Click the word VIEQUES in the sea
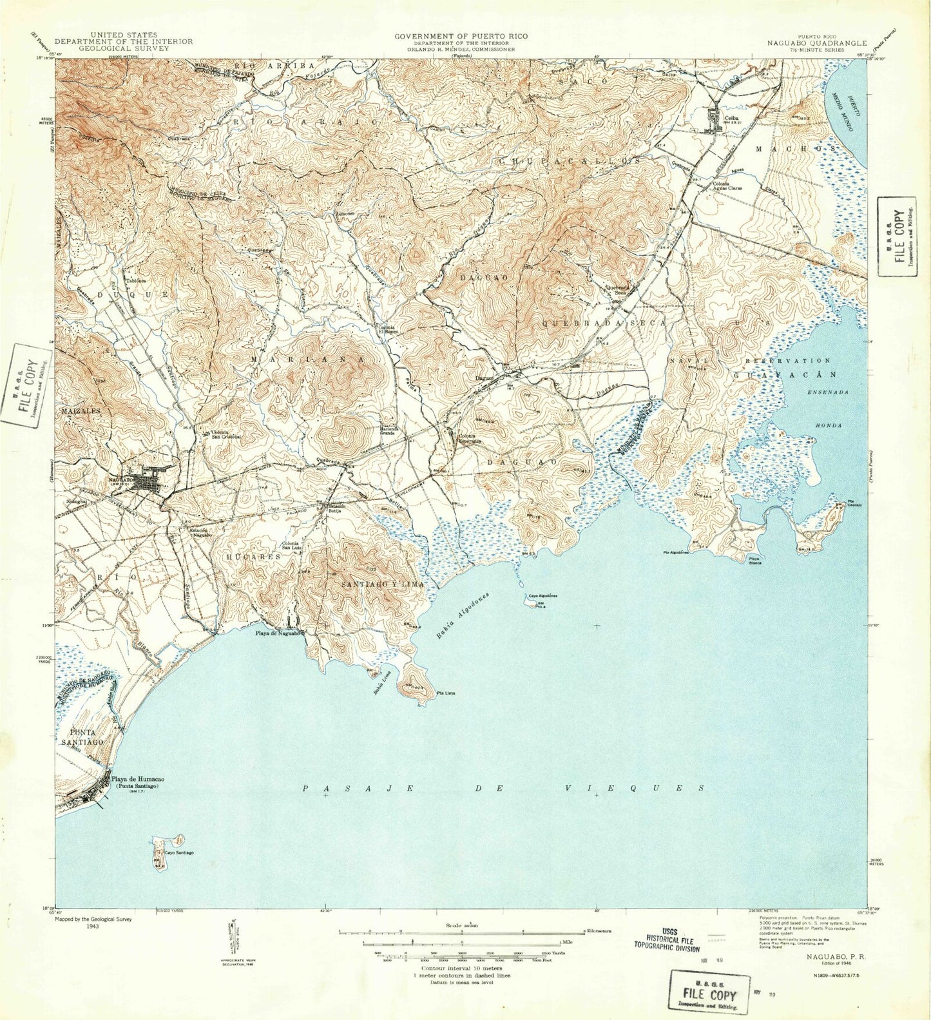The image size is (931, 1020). (x=634, y=788)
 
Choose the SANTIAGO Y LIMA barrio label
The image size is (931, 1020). (x=383, y=584)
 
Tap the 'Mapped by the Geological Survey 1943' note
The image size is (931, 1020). (x=93, y=923)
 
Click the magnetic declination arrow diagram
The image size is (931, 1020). (x=233, y=934)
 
